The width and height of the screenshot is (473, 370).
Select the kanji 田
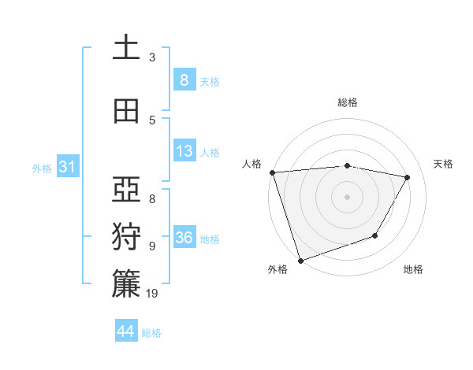pyautogui.click(x=126, y=111)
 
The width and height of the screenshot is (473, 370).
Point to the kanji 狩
pyautogui.click(x=126, y=237)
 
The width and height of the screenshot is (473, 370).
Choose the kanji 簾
pyautogui.click(x=126, y=284)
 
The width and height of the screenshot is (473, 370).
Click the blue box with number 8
pyautogui.click(x=184, y=80)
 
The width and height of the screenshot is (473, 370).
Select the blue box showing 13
pyautogui.click(x=184, y=151)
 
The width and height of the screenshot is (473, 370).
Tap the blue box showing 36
pyautogui.click(x=184, y=238)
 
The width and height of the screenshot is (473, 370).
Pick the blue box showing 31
pyautogui.click(x=67, y=167)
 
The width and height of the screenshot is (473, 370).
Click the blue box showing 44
pyautogui.click(x=126, y=331)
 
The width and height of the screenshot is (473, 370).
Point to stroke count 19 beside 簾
pyautogui.click(x=153, y=294)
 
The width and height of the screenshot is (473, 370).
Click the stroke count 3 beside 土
pyautogui.click(x=152, y=57)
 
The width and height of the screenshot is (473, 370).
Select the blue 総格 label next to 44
pyautogui.click(x=151, y=333)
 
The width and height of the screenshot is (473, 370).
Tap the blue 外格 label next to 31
pyautogui.click(x=42, y=168)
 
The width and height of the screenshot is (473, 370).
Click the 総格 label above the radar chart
pyautogui.click(x=348, y=102)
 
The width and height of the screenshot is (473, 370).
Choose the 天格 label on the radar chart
pyautogui.click(x=443, y=164)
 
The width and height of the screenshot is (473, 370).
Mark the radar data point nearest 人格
pyautogui.click(x=272, y=172)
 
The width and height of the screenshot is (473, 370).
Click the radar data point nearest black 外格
pyautogui.click(x=300, y=260)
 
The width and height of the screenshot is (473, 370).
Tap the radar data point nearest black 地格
pyautogui.click(x=376, y=235)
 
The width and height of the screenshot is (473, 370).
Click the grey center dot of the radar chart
pyautogui.click(x=347, y=196)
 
